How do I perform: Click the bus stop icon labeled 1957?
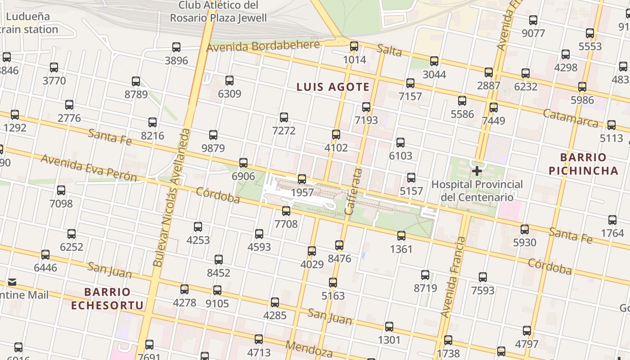pyautogui.click(x=302, y=179)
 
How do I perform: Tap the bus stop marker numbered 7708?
pyautogui.click(x=286, y=211)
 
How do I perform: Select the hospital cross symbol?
pyautogui.click(x=477, y=171)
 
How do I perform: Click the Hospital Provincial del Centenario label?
pyautogui.click(x=477, y=191)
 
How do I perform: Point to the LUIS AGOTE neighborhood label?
pyautogui.click(x=333, y=87)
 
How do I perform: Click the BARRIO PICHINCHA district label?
pyautogui.click(x=583, y=164)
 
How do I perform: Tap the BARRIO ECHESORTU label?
pyautogui.click(x=107, y=299)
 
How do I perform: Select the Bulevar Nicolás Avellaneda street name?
pyautogui.click(x=171, y=198)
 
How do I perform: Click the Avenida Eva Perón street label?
pyautogui.click(x=89, y=168)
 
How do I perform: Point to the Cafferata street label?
pyautogui.click(x=353, y=191)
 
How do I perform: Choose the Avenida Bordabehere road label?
pyautogui.click(x=263, y=46)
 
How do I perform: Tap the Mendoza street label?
pyautogui.click(x=309, y=349)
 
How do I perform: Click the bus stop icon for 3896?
pyautogui.click(x=176, y=47)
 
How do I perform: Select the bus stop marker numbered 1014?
pyautogui.click(x=354, y=46)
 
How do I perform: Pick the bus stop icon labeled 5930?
pyautogui.click(x=525, y=229)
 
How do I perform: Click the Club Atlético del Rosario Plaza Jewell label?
pyautogui.click(x=218, y=12)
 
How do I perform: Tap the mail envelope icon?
pyautogui.click(x=12, y=282)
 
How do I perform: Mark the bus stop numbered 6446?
pyautogui.click(x=45, y=255)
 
